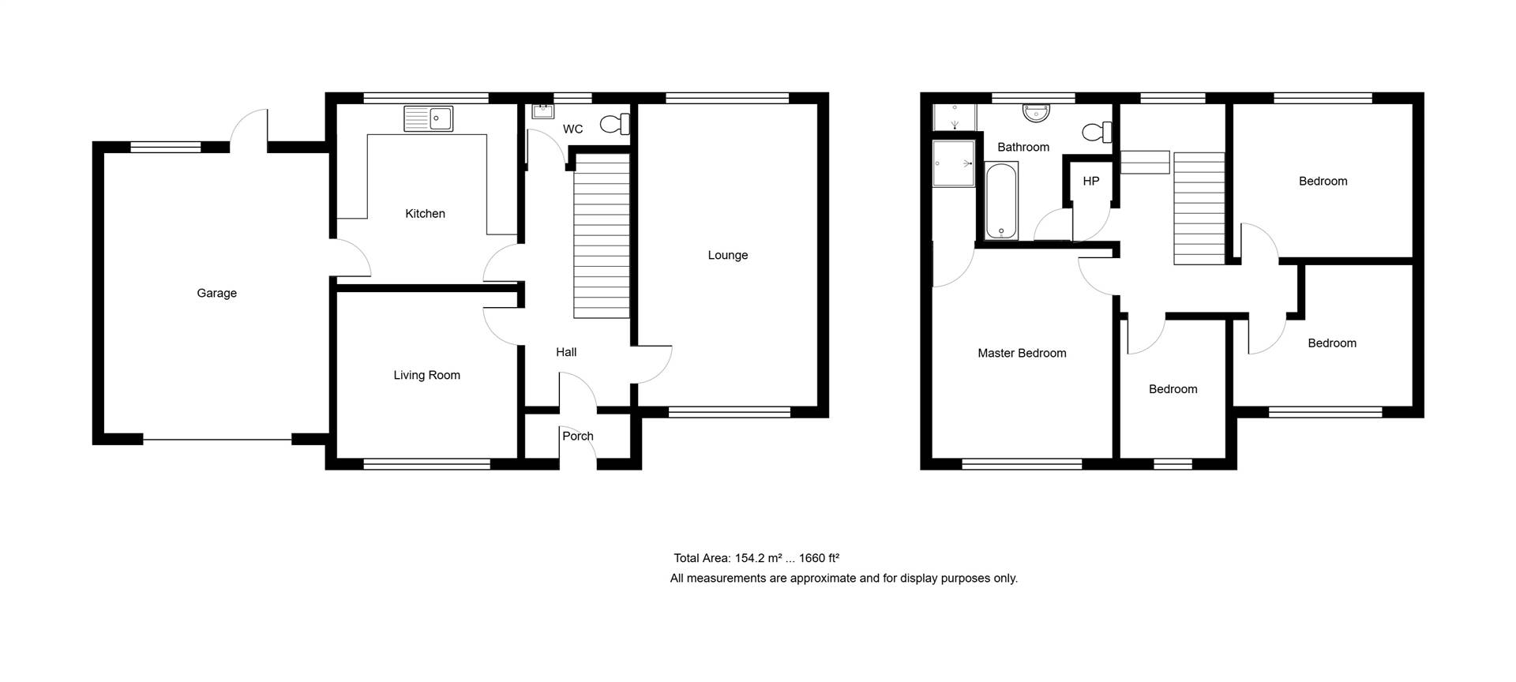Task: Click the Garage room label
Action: pos(216,294)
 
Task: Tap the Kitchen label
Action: pos(425,214)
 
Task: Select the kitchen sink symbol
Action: pos(428,118)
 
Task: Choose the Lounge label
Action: pos(727,256)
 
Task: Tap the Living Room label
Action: pos(426,376)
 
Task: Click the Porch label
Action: pos(577,436)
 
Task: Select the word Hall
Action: pos(566,353)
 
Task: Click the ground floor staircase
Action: pos(601,236)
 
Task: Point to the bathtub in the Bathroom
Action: pos(1002,200)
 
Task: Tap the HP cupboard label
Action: pos(1091,182)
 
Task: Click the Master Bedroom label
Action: pos(1022,354)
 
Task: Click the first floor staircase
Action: pos(1199,208)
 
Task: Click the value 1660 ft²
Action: pos(819,558)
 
